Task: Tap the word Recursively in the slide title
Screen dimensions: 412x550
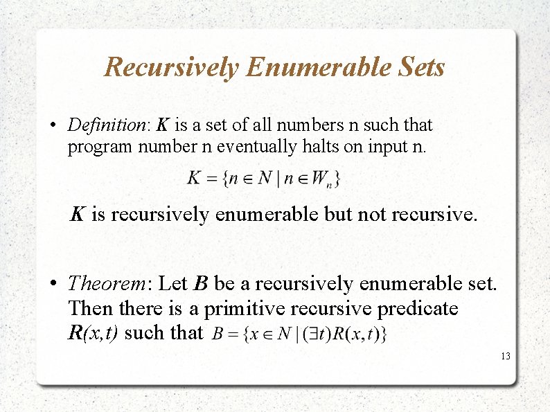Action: [x=172, y=68]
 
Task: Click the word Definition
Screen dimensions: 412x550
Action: [x=105, y=125]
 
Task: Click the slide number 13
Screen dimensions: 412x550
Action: [x=505, y=356]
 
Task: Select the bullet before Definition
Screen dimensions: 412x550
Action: [x=53, y=126]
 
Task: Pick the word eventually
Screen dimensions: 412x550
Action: [x=256, y=147]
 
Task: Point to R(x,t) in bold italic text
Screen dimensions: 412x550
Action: [x=93, y=332]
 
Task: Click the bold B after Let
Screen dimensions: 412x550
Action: [x=201, y=284]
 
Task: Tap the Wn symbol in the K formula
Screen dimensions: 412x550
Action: [x=321, y=179]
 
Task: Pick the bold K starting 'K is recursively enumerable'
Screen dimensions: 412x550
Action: [x=78, y=215]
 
